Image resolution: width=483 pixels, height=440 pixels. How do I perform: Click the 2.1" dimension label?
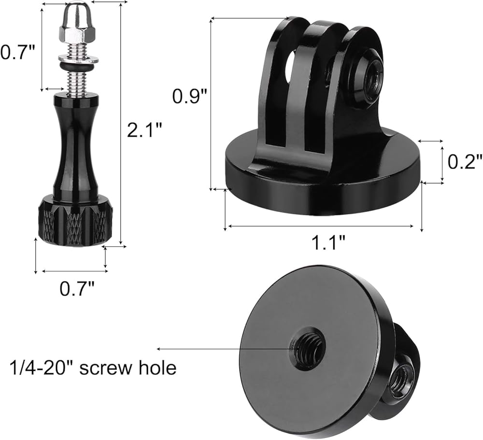pos(144,130)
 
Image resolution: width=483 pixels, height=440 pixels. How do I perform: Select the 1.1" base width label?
pos(328,242)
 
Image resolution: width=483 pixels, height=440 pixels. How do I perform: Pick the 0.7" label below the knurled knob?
pos(77,288)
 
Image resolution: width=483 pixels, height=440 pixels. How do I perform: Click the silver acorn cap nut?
pos(77,23)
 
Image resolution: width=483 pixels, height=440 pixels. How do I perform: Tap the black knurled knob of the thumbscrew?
pos(75,220)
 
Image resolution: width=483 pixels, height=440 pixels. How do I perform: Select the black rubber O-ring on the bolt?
pos(77,67)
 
